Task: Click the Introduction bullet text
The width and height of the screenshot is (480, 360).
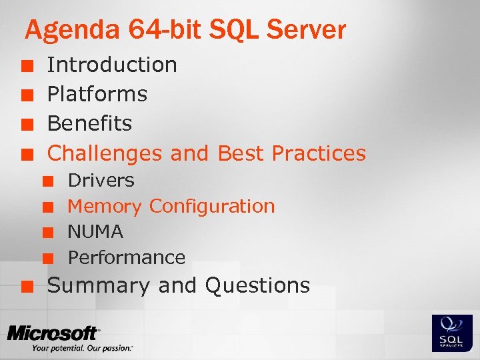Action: (x=112, y=65)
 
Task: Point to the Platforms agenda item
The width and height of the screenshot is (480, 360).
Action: (x=97, y=94)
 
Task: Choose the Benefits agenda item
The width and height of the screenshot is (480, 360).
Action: (x=90, y=123)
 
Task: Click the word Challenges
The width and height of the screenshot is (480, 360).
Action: (x=105, y=153)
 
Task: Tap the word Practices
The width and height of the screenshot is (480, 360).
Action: (x=319, y=153)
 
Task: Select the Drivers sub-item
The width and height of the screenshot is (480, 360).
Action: (x=101, y=180)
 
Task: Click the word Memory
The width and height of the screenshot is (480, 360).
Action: (x=105, y=207)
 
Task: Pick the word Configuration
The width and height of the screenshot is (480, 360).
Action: (x=212, y=206)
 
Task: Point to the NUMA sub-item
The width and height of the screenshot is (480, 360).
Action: (x=96, y=232)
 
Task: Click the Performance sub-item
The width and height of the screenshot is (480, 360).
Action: (x=127, y=257)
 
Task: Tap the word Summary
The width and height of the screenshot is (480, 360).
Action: (x=99, y=285)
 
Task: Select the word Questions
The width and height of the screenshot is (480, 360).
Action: (x=258, y=285)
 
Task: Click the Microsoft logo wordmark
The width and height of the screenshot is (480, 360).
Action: (x=53, y=333)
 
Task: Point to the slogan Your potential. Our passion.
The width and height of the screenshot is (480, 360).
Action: (x=82, y=348)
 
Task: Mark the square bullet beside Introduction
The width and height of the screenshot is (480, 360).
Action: (x=26, y=65)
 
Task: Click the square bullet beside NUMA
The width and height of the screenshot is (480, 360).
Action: (x=47, y=233)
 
